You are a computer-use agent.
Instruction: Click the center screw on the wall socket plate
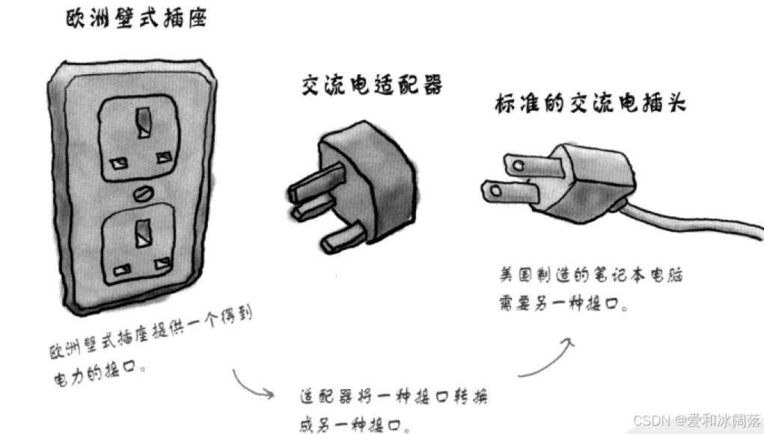point(140,194)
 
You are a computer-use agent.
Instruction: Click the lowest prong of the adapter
point(341,239)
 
